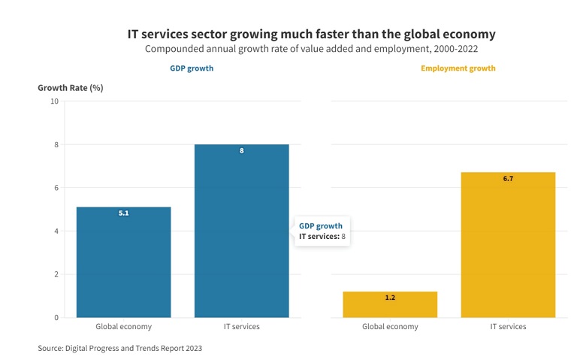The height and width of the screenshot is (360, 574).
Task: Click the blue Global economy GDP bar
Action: point(123,262)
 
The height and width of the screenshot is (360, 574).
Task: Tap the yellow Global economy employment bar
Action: point(390,304)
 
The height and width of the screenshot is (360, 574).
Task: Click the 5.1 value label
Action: point(124,213)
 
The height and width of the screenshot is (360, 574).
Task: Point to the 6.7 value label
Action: point(508,179)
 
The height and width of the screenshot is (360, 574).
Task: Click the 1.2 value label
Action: point(390,298)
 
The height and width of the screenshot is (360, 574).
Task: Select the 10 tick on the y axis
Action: point(54,101)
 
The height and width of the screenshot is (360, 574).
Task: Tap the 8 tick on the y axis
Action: point(56,144)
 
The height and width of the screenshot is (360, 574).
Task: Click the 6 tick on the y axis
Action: point(56,188)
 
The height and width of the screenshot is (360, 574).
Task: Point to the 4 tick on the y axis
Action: point(56,231)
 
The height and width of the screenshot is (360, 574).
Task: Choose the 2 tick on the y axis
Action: point(56,274)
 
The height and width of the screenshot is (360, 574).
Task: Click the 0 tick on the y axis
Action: point(56,318)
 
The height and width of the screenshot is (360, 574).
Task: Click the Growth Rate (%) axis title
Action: point(71,88)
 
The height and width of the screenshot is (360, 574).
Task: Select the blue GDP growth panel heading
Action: point(192,68)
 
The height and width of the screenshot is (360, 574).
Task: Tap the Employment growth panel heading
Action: point(458,68)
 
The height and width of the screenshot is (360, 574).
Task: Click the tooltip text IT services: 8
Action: point(322,237)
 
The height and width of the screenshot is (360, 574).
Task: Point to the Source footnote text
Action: point(120,348)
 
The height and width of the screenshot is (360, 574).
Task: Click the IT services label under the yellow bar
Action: point(508,327)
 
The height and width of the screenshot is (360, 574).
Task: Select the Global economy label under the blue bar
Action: point(123,327)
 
